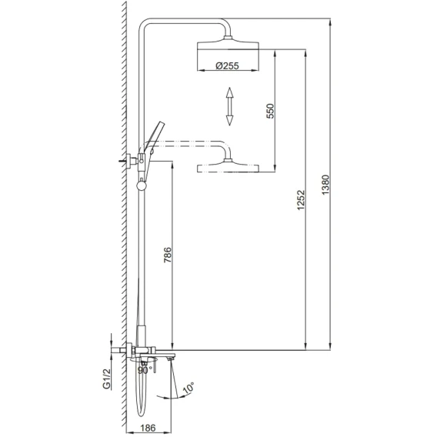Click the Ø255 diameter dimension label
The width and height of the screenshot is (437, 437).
pos(227,65)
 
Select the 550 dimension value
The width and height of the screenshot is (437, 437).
pos(270,111)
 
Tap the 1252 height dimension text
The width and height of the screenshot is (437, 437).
pos(301,200)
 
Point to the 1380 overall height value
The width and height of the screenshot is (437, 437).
pos(325,185)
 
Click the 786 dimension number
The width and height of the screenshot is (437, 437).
pos(168,255)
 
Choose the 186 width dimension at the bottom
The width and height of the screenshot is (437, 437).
pos(148,428)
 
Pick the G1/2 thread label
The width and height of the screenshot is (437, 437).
pos(107,379)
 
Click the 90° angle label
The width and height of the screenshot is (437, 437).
pos(145,370)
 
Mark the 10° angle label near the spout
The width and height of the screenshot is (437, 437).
pos(188,389)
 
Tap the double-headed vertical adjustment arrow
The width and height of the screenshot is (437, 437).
pos(229,106)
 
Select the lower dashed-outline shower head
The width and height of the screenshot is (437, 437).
pos(228,168)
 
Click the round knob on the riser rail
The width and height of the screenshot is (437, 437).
pos(141,185)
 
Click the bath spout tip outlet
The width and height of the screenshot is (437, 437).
pos(171,359)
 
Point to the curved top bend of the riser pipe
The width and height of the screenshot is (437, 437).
pos(145,25)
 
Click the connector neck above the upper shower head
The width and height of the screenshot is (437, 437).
pos(228,38)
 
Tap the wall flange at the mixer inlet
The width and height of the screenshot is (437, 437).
pos(129,350)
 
